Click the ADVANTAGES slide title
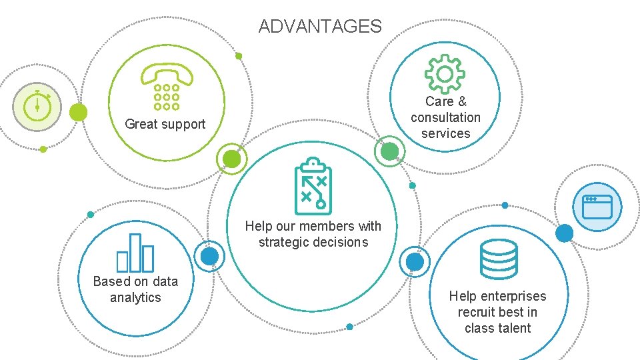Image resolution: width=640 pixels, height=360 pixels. (320, 27)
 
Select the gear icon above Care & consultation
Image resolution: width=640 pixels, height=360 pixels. (445, 73)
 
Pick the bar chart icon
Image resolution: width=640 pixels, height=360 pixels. (135, 253)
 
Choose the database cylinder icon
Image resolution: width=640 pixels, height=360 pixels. (499, 259)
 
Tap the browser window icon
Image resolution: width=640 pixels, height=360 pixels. (597, 207)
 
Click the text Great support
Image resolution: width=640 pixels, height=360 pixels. (165, 124)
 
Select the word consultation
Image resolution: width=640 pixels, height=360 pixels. (445, 117)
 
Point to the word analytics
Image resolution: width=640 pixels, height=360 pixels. (135, 297)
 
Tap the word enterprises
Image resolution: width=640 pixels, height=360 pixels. (513, 296)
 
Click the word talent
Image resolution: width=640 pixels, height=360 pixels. (515, 328)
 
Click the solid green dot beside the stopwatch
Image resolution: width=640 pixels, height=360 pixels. (79, 112)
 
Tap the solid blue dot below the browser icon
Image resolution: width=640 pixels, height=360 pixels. (564, 233)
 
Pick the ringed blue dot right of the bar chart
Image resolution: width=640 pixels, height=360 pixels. (209, 257)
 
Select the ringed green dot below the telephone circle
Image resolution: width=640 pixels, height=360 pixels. (231, 159)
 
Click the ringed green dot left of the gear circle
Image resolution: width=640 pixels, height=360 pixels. (389, 151)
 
